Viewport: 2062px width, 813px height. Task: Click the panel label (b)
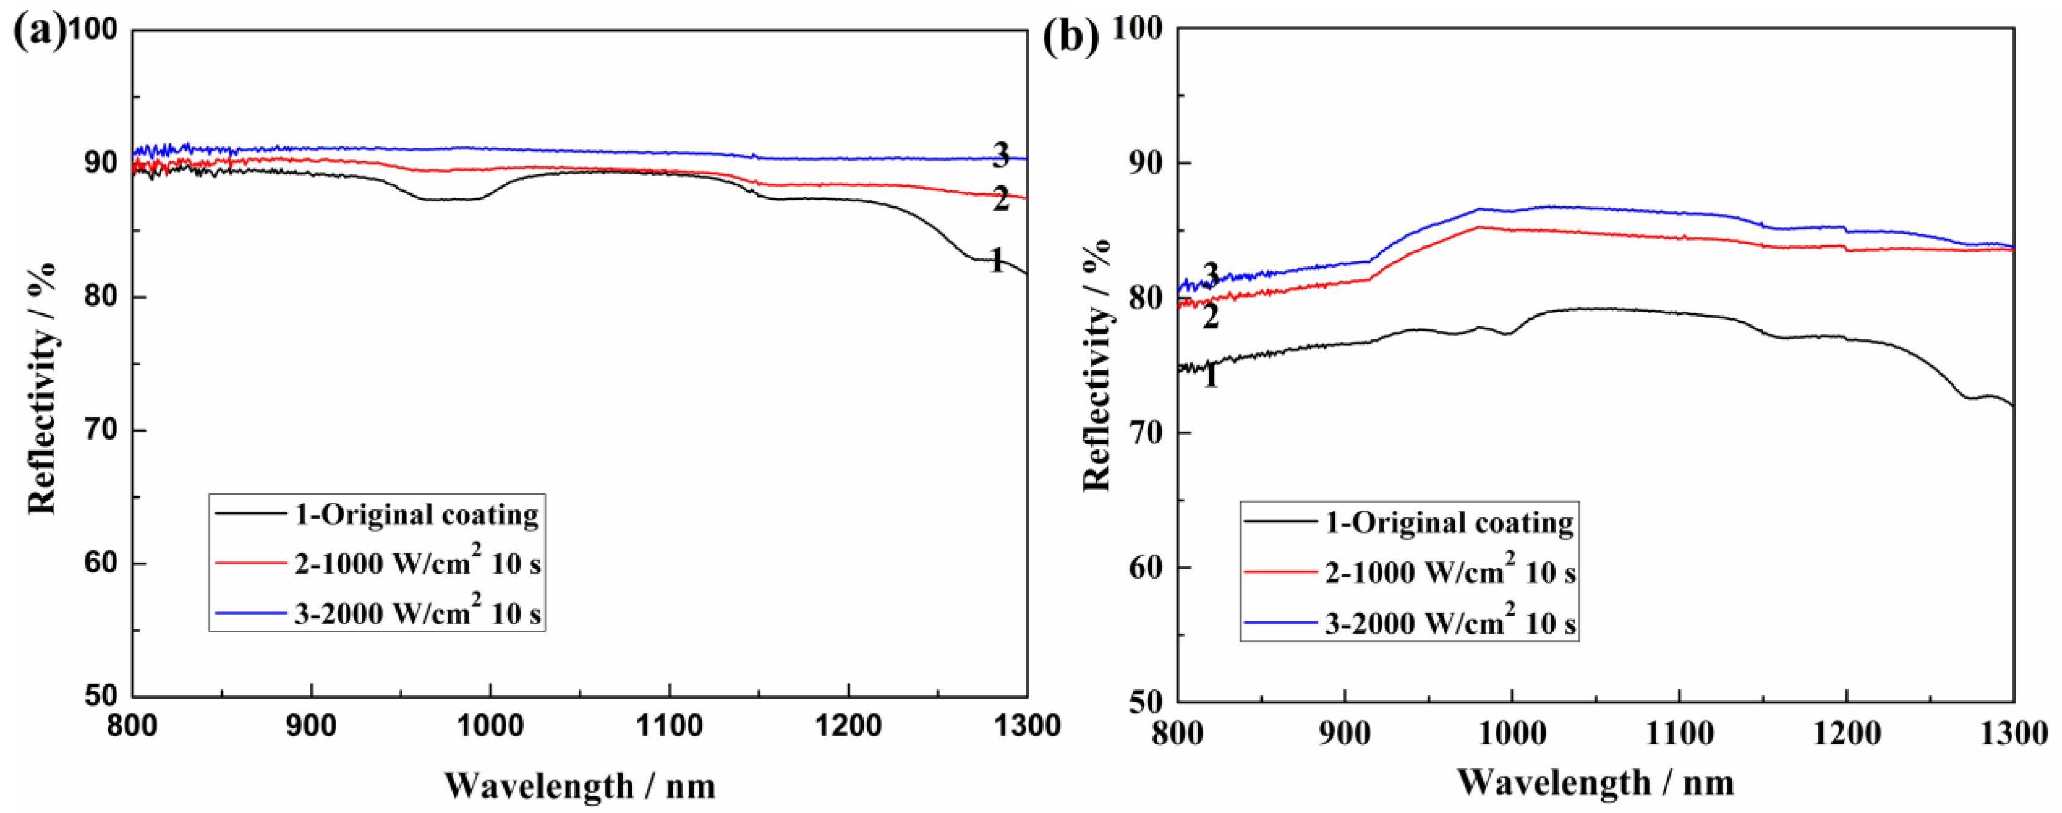[1070, 37]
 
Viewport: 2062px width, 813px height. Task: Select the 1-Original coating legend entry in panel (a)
[416, 514]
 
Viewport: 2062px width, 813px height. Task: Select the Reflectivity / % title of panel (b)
[1097, 364]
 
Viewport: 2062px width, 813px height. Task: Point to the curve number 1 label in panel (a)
[996, 260]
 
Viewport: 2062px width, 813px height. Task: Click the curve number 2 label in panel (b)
[1211, 317]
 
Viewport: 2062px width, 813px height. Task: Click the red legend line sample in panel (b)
[1280, 572]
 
